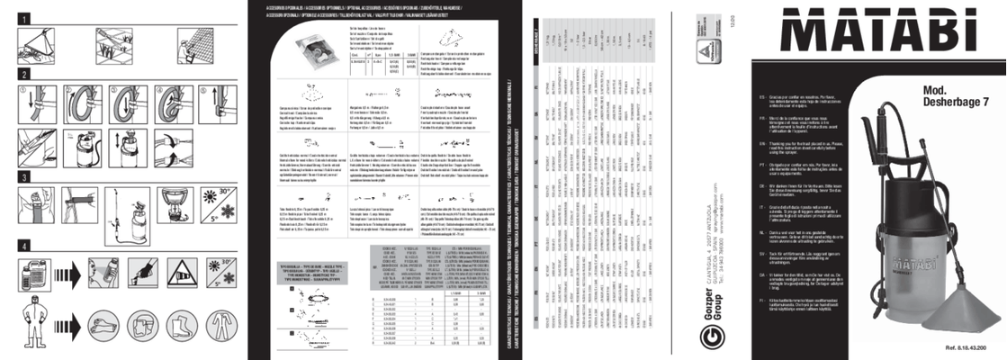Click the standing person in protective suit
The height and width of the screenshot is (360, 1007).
point(32,326)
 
